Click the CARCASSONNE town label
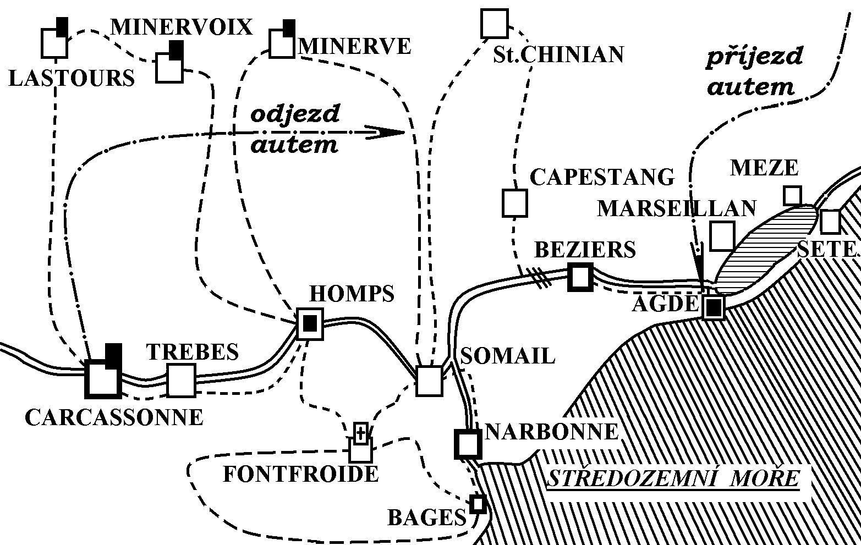pyautogui.click(x=114, y=417)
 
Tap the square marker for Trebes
pyautogui.click(x=181, y=380)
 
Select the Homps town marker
pyautogui.click(x=310, y=324)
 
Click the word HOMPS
pyautogui.click(x=352, y=294)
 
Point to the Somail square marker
pyautogui.click(x=429, y=381)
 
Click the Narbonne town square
pyautogui.click(x=468, y=444)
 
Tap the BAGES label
pyautogui.click(x=427, y=518)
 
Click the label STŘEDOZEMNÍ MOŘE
pyautogui.click(x=673, y=478)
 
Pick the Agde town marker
pyautogui.click(x=713, y=307)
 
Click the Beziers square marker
pyautogui.click(x=580, y=277)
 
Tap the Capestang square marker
pyautogui.click(x=514, y=202)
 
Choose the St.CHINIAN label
pyautogui.click(x=558, y=54)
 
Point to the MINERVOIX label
pyautogui.click(x=182, y=26)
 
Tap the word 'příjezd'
pyautogui.click(x=754, y=57)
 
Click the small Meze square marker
pyautogui.click(x=792, y=195)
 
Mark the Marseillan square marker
pyautogui.click(x=722, y=235)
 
